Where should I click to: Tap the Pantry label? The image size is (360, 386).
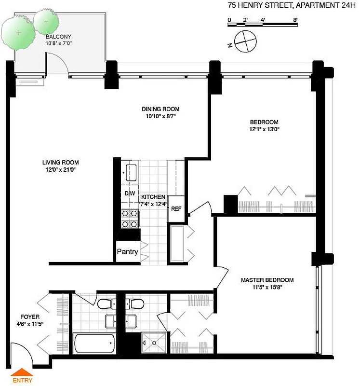tap(128, 252)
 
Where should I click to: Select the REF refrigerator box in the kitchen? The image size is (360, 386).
tap(176, 209)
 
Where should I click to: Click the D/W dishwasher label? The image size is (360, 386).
tap(129, 193)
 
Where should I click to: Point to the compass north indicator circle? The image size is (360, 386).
tap(245, 41)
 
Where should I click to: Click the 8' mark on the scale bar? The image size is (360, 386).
tap(295, 20)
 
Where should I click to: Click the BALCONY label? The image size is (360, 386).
tap(58, 36)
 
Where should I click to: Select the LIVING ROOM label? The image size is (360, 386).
tap(60, 163)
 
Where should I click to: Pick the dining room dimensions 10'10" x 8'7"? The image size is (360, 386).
tap(160, 116)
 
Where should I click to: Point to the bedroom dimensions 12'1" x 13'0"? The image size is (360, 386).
tap(264, 129)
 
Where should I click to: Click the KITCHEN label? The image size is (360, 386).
tap(153, 197)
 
